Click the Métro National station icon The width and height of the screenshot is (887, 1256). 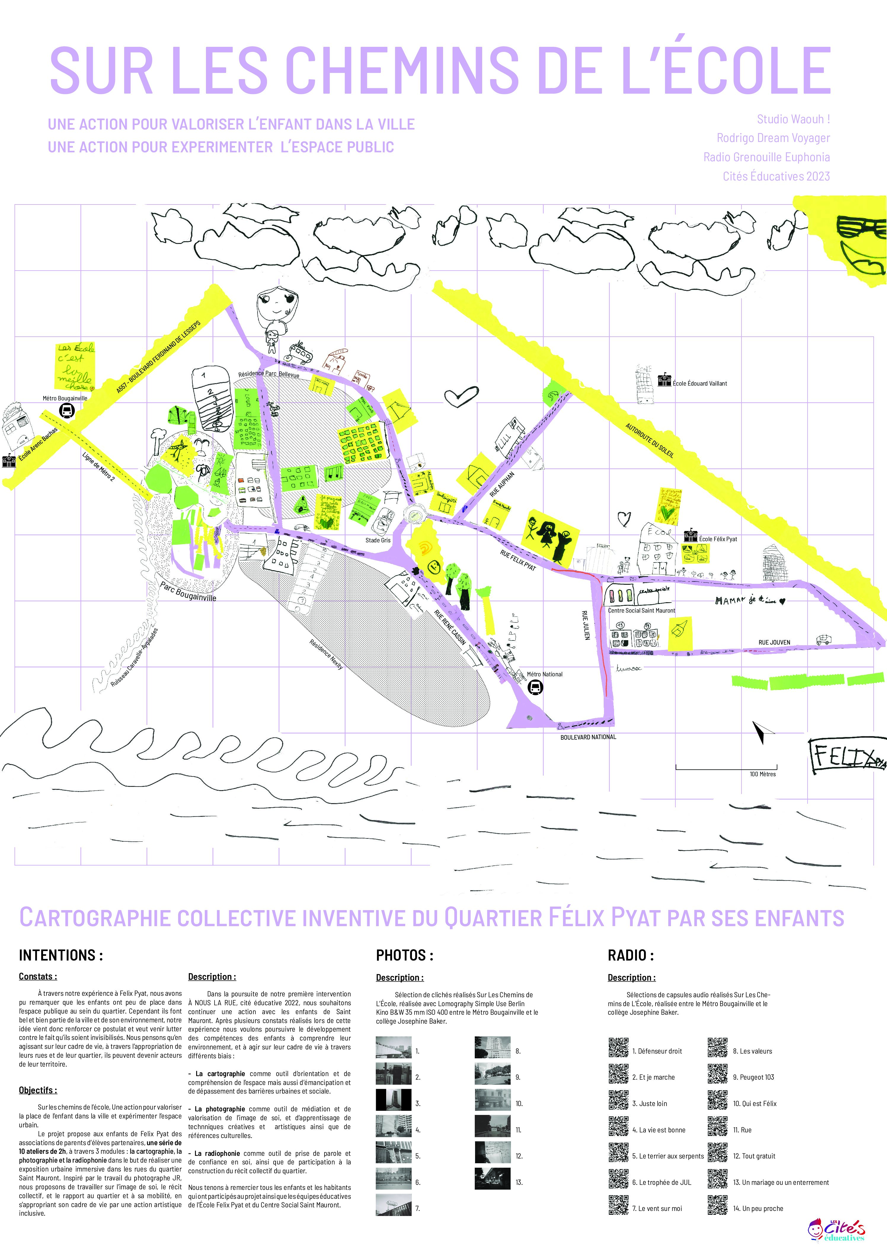(x=536, y=687)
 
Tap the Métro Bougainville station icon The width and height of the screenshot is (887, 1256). (x=67, y=410)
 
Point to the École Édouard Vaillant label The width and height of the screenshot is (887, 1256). (x=699, y=383)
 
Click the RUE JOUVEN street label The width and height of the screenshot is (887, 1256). (x=774, y=642)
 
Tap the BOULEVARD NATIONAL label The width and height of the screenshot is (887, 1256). (x=588, y=737)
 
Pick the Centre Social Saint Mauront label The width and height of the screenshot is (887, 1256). (x=641, y=611)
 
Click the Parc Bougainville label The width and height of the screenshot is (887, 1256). (x=188, y=592)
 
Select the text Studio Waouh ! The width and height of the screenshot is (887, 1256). (x=793, y=119)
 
